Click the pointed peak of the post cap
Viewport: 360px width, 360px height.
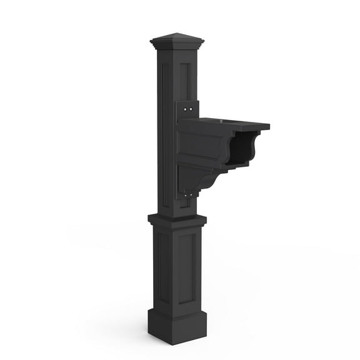pos(177,34)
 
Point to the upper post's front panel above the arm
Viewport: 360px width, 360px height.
pos(185,81)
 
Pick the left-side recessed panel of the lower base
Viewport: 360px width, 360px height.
pos(162,266)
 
